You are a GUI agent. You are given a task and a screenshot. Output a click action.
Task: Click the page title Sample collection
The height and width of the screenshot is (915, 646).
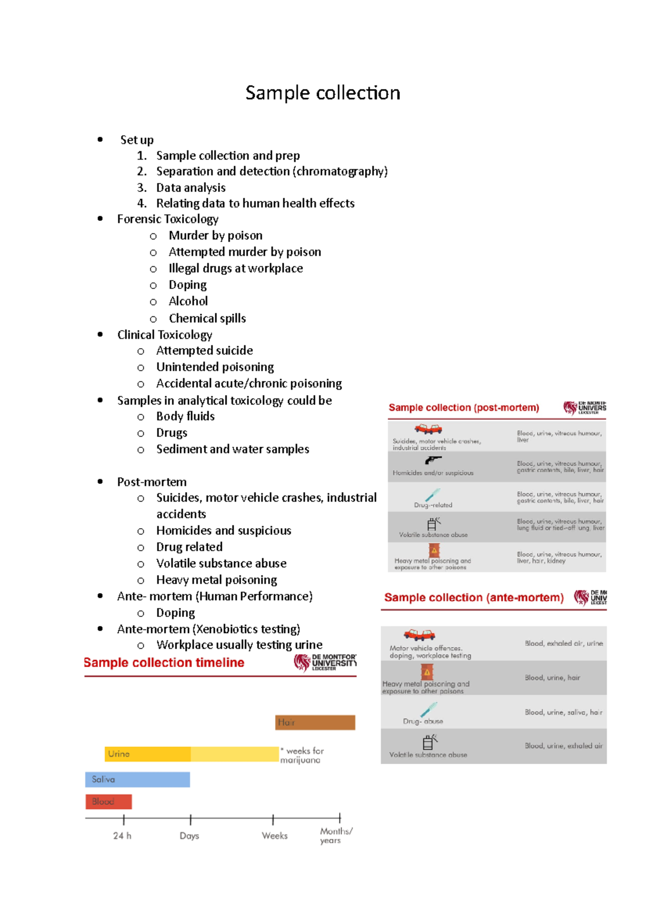click(322, 93)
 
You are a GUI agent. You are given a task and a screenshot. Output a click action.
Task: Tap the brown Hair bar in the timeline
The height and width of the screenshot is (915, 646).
click(315, 722)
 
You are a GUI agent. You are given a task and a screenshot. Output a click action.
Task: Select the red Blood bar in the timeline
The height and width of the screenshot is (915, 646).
click(108, 801)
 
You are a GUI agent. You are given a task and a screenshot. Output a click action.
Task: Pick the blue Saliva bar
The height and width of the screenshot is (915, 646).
click(137, 779)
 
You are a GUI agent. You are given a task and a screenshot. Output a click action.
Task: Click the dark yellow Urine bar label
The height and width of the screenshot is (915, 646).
click(119, 754)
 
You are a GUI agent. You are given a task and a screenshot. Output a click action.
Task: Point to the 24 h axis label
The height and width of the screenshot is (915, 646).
click(122, 835)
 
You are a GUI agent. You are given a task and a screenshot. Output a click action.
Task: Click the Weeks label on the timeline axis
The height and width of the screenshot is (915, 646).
click(275, 835)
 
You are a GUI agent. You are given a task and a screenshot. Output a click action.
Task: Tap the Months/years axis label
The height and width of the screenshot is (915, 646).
click(336, 835)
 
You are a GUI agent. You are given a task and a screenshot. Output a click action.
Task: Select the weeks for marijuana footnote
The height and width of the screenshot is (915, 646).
click(303, 755)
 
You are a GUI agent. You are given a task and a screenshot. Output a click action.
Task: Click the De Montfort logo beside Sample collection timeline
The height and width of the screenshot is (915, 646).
click(325, 662)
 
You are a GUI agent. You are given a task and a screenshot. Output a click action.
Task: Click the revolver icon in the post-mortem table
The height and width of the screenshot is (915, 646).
click(433, 460)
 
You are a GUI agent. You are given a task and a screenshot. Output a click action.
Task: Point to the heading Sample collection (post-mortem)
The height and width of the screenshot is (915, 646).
click(464, 407)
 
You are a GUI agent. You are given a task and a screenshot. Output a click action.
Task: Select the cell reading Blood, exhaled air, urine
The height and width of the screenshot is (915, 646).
click(564, 643)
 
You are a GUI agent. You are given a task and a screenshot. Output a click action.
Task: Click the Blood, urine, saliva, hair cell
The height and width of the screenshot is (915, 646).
click(563, 712)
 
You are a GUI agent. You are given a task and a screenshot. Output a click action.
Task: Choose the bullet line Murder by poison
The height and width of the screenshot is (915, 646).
click(215, 235)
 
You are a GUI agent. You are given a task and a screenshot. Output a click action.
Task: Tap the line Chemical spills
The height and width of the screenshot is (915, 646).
click(207, 318)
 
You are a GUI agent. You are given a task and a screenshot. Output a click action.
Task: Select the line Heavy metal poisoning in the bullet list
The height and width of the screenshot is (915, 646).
click(216, 580)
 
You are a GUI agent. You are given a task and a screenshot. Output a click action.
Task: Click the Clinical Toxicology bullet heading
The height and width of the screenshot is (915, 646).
click(165, 335)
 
